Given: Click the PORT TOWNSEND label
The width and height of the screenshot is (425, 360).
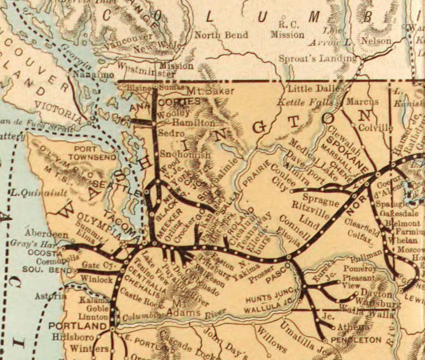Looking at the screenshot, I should tap(92, 153).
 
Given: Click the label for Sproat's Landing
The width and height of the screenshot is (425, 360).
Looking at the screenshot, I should tap(318, 59).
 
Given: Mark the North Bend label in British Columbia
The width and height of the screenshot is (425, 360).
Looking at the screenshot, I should tap(221, 35).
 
